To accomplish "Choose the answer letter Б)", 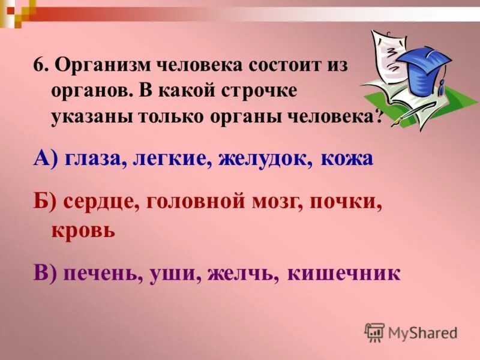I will pos(44,202).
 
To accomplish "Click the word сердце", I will pos(100,203).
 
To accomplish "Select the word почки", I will pos(346,202).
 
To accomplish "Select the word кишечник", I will pos(343,273).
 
